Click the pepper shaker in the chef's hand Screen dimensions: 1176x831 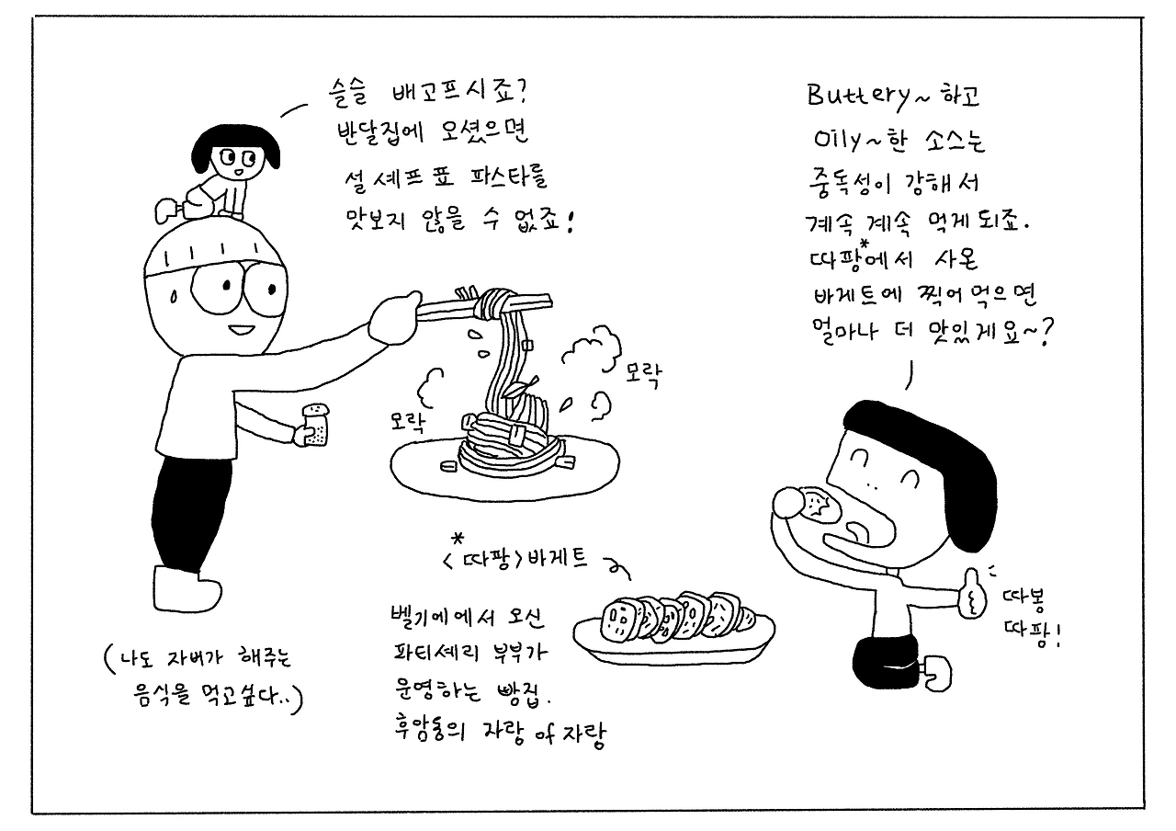tap(315, 425)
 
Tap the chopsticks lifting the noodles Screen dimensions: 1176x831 tap(483, 307)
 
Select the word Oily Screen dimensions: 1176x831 tap(838, 140)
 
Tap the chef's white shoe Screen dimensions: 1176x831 tap(187, 588)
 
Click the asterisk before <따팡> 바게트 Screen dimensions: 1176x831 tap(458, 539)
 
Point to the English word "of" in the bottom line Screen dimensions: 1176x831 tap(546, 734)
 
